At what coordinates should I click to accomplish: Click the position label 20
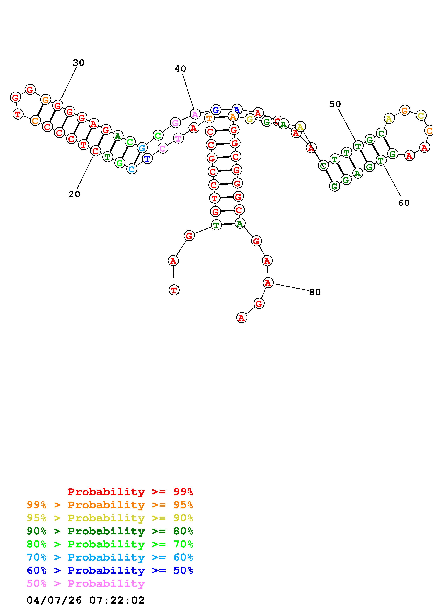[74, 194]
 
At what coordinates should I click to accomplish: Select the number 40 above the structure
[180, 69]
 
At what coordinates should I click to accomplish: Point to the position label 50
[335, 104]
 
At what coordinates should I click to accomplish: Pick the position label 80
[315, 292]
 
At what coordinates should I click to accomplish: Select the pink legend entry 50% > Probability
[86, 583]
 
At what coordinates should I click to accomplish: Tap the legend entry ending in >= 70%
[110, 544]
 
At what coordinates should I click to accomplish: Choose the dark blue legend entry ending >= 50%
[110, 570]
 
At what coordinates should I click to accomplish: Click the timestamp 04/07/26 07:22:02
[86, 600]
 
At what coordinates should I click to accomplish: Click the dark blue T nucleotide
[147, 159]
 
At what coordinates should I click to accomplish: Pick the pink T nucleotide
[178, 139]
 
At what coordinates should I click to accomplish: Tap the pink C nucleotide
[163, 148]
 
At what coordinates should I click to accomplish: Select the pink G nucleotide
[175, 123]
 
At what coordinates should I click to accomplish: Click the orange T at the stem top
[209, 118]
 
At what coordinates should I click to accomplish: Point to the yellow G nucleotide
[250, 119]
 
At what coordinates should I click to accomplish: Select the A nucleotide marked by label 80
[268, 283]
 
